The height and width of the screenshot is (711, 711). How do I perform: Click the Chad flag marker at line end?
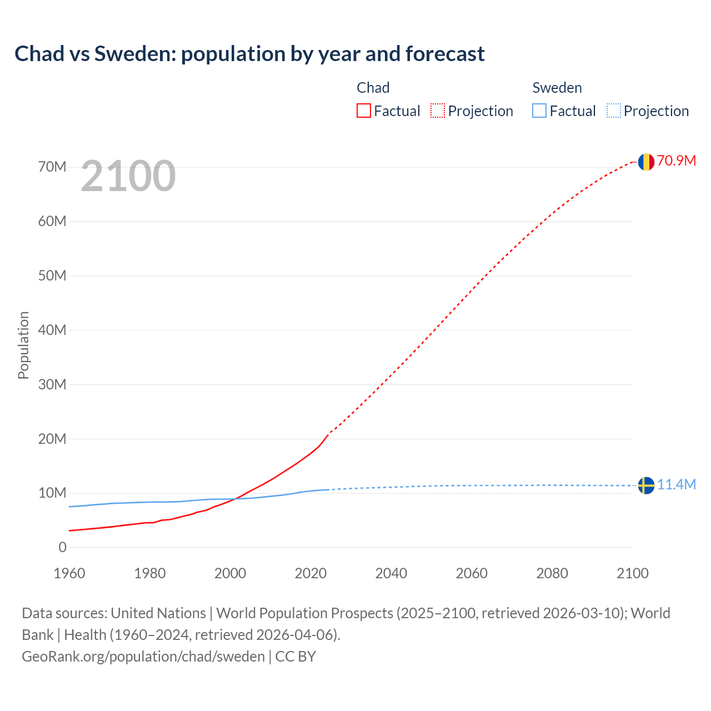click(645, 162)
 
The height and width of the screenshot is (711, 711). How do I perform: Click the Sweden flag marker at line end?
click(645, 485)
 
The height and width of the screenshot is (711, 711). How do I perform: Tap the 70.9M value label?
click(677, 161)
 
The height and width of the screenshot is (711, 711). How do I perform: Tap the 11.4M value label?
click(677, 484)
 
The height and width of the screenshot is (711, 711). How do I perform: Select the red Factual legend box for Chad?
click(364, 111)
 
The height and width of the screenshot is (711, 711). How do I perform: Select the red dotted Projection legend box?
click(438, 111)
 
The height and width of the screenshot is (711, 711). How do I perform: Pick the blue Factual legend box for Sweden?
click(539, 111)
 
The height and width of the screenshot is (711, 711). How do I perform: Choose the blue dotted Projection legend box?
click(613, 111)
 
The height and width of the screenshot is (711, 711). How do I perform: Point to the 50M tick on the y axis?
click(52, 276)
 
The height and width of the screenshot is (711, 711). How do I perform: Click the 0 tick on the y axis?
click(62, 547)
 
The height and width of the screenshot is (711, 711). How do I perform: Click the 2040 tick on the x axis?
click(391, 573)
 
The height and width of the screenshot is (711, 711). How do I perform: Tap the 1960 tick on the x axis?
click(69, 573)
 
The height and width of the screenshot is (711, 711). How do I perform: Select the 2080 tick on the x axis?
click(552, 573)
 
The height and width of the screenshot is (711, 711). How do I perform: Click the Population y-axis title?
click(23, 345)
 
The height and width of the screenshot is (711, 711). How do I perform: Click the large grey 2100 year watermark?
click(128, 176)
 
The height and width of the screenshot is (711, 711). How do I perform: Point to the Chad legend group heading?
click(373, 88)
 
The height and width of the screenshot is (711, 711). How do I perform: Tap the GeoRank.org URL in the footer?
click(143, 656)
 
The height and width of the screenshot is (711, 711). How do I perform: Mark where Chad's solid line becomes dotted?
click(328, 433)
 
